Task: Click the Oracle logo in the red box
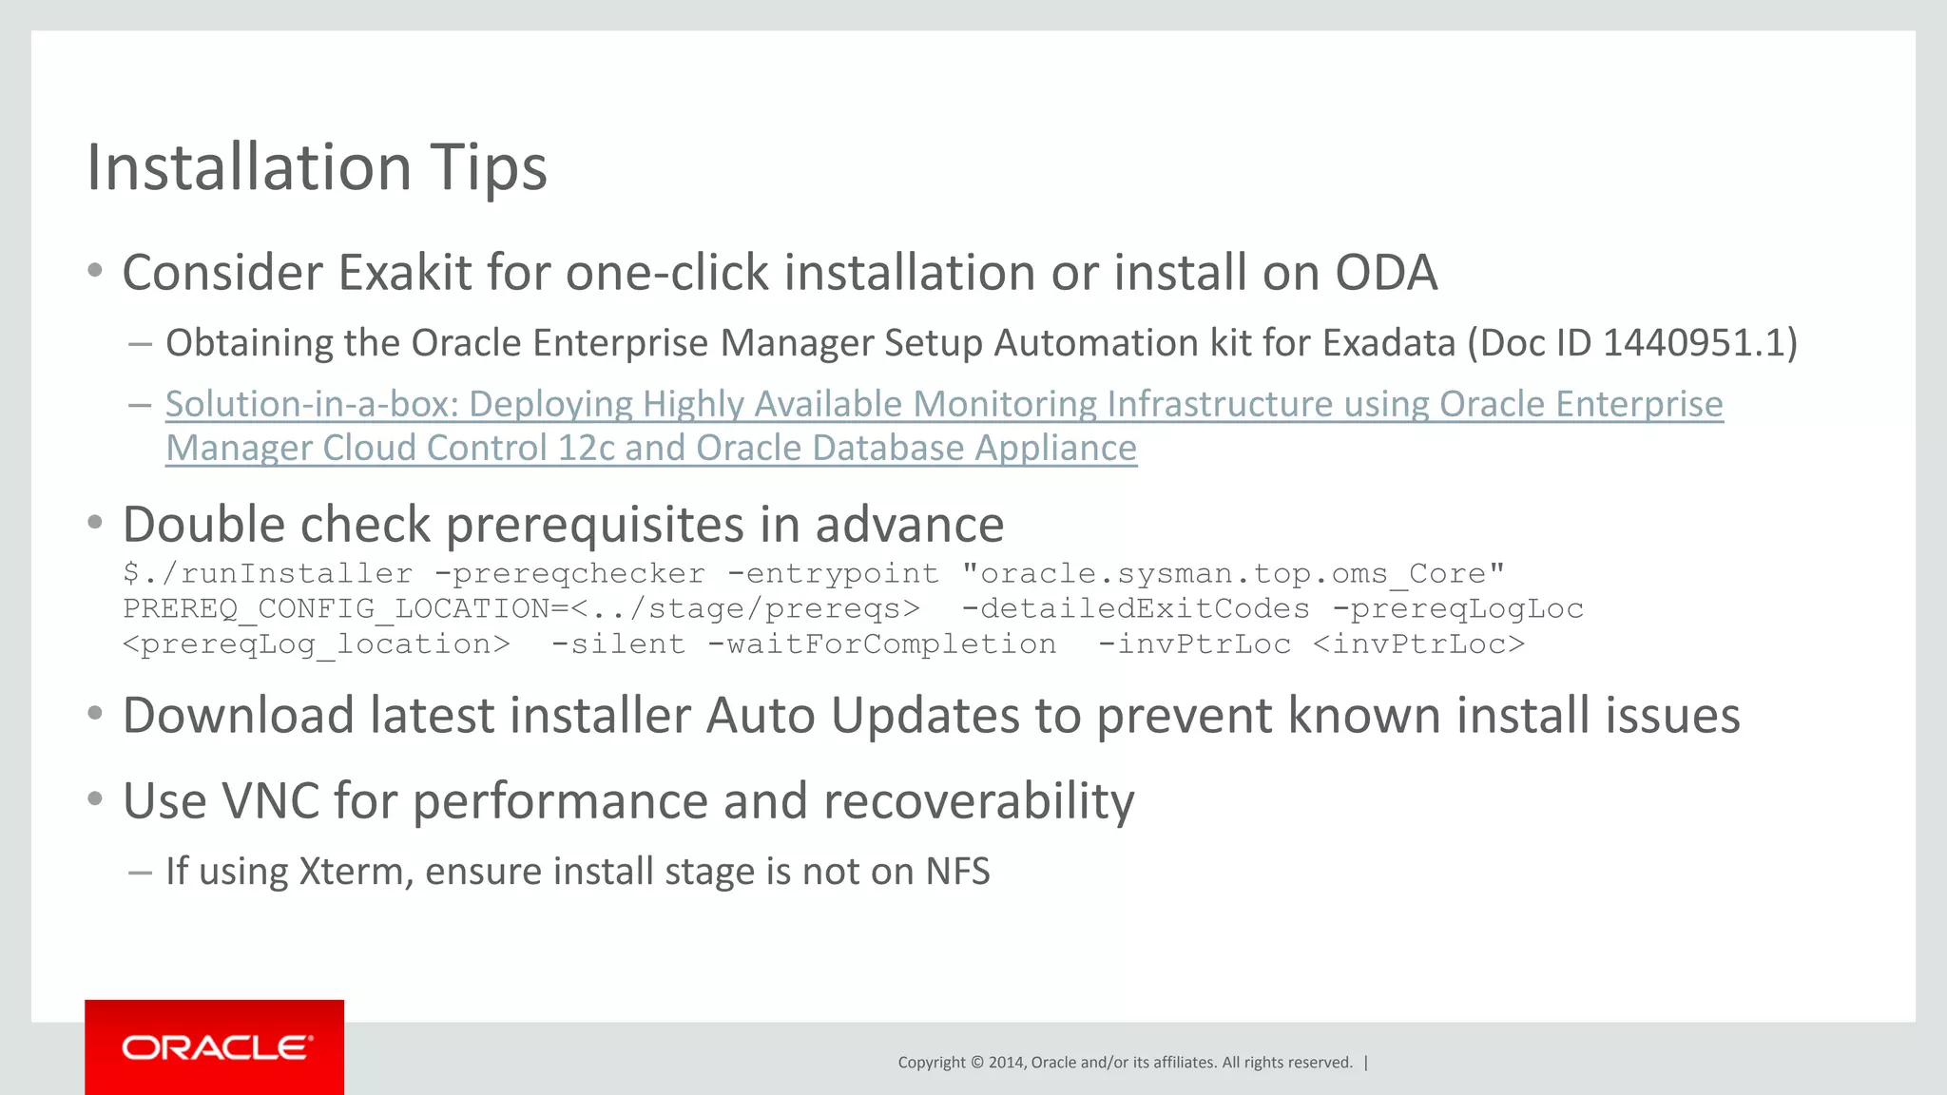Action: (x=216, y=1047)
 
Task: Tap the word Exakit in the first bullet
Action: (x=404, y=274)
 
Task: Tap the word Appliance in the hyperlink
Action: (x=1055, y=449)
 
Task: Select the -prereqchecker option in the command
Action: (x=569, y=574)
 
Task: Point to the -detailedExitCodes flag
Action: (x=1135, y=609)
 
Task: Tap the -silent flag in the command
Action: (x=618, y=644)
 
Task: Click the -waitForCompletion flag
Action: (x=881, y=644)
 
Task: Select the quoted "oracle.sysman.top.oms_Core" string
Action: (x=1233, y=574)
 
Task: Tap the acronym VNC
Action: (x=270, y=802)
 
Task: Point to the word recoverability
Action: (x=978, y=802)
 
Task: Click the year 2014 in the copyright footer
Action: (x=1006, y=1063)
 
